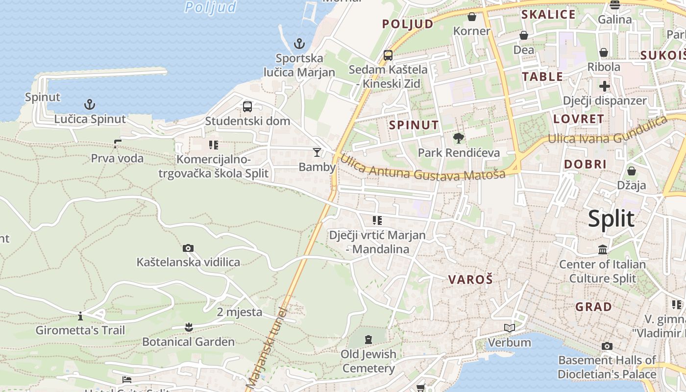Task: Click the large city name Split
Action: click(x=611, y=219)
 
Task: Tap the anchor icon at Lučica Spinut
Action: click(x=89, y=104)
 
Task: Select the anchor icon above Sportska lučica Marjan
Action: click(x=299, y=44)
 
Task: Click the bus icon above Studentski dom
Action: click(x=247, y=106)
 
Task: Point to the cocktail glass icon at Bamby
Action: click(x=317, y=152)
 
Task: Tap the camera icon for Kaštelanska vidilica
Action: click(x=188, y=248)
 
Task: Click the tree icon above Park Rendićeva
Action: click(x=459, y=138)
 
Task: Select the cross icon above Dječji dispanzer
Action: click(x=605, y=86)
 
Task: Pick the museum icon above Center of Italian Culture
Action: click(x=603, y=250)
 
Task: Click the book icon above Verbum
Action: click(x=510, y=328)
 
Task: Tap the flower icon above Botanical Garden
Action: click(x=189, y=327)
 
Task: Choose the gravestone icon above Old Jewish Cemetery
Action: click(x=368, y=339)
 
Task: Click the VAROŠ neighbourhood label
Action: click(x=470, y=280)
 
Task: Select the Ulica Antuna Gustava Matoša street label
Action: click(x=422, y=168)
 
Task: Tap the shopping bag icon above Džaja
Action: click(x=632, y=171)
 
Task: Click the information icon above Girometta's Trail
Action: click(x=80, y=316)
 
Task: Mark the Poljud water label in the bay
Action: click(x=211, y=7)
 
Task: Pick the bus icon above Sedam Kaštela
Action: click(x=388, y=55)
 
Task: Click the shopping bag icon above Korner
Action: click(x=472, y=17)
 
